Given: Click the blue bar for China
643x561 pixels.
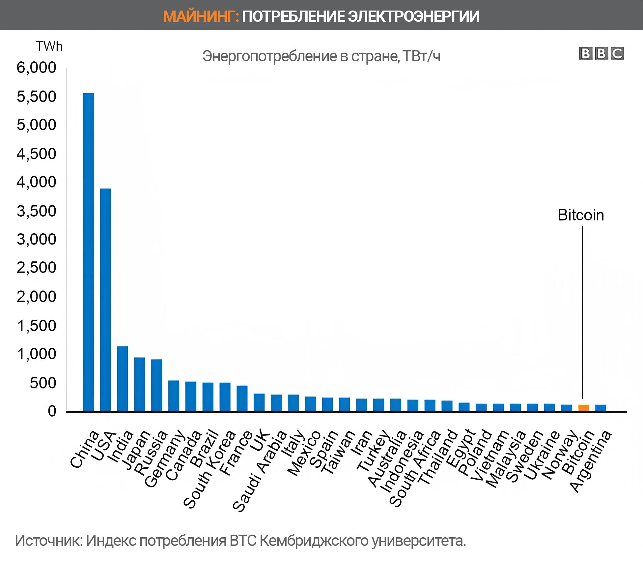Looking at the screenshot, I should click(88, 252).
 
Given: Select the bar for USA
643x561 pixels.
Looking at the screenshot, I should click(105, 300).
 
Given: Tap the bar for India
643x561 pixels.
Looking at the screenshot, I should click(123, 379).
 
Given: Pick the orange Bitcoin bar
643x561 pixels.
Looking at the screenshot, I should click(583, 408).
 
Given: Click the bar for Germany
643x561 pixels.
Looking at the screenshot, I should click(174, 396).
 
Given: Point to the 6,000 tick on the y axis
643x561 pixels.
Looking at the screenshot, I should click(37, 68).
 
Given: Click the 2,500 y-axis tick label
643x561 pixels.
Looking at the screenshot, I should click(37, 268).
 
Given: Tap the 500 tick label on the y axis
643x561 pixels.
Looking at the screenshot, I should click(43, 383).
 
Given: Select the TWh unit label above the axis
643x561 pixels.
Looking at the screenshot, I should click(49, 46).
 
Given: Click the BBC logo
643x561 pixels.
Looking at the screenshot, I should click(601, 53).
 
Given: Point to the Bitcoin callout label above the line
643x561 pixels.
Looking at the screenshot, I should click(581, 215).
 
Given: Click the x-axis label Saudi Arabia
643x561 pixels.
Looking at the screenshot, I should click(260, 471).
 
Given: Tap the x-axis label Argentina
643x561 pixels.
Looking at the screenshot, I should click(590, 461).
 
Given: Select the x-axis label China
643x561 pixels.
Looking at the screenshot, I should click(84, 449).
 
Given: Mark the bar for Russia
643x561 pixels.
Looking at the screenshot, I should click(156, 385).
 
